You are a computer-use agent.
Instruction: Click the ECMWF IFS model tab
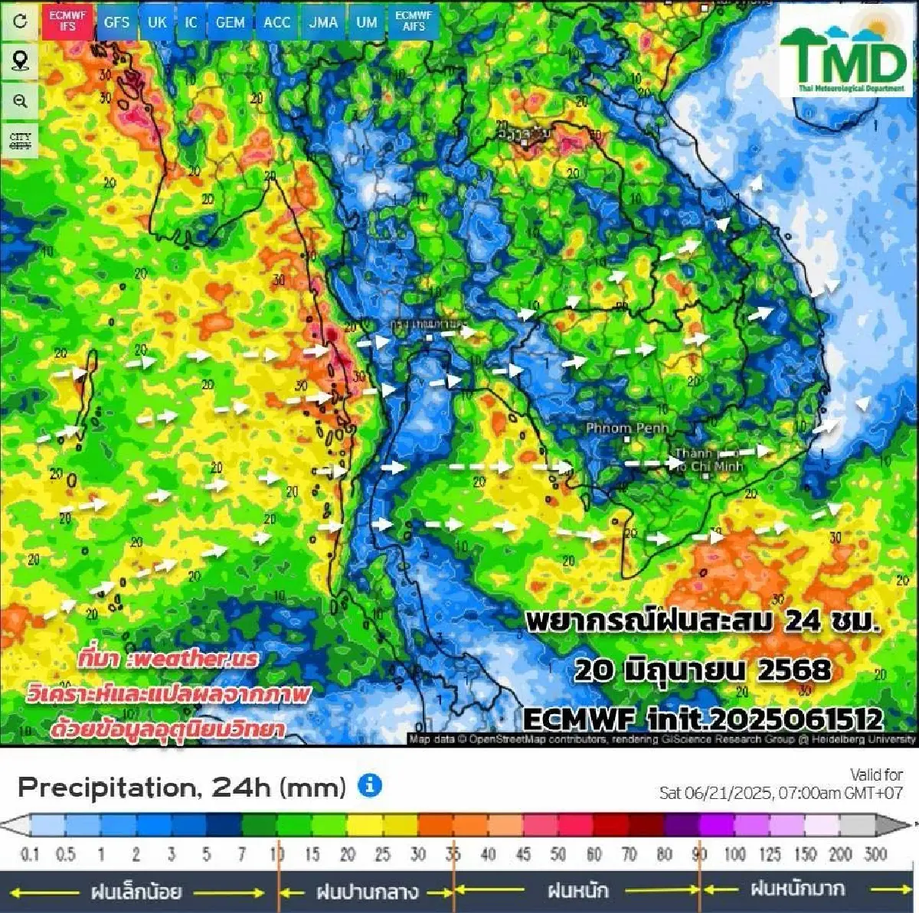coord(67,21)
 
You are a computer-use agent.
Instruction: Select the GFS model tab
coord(116,22)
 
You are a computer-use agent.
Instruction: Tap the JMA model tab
coord(323,22)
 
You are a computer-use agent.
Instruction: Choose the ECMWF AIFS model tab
coord(414,21)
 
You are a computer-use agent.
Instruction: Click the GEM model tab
coord(230,22)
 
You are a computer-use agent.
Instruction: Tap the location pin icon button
coord(20,60)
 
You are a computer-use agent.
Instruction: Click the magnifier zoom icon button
coord(20,101)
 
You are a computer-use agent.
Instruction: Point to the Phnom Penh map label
coord(626,428)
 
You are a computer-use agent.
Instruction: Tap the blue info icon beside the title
coord(370,785)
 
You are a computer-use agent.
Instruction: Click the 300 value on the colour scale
coord(875,854)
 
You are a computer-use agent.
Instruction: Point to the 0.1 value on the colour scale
coord(29,854)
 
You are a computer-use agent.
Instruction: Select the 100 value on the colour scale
coord(734,854)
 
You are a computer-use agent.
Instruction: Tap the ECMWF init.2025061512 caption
coord(702,719)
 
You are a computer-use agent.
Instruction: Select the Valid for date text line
coord(781,793)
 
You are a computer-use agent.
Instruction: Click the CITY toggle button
coord(20,141)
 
